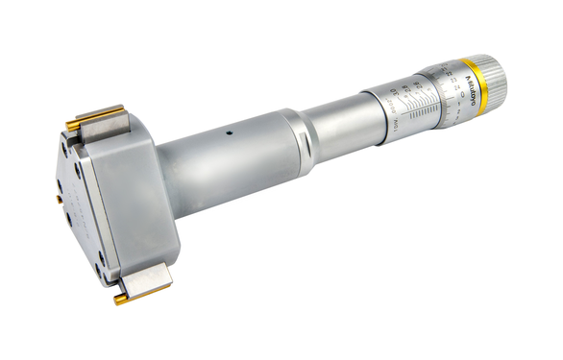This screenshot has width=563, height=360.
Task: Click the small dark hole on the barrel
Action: pyautogui.click(x=228, y=134)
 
